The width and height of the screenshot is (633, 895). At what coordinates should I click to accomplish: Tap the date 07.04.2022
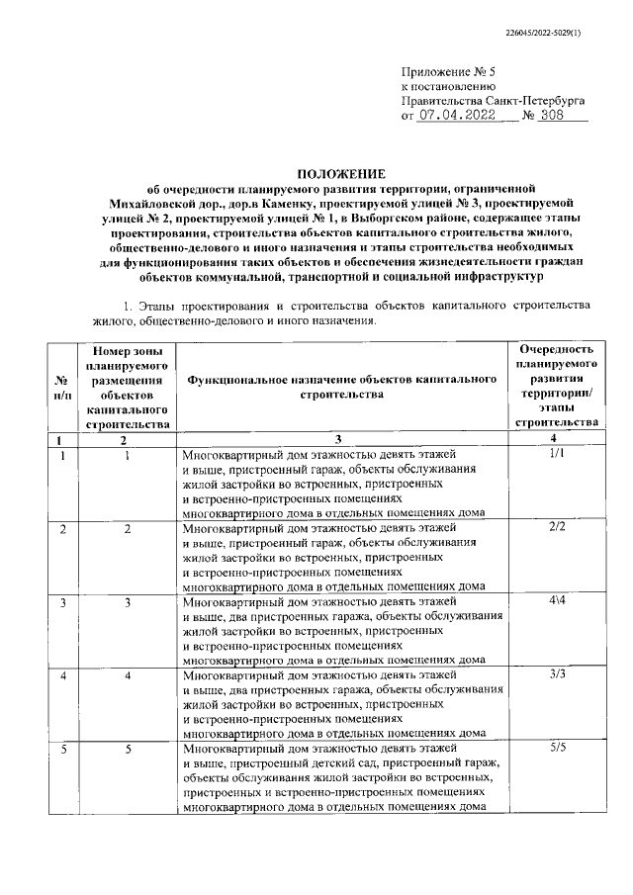[455, 115]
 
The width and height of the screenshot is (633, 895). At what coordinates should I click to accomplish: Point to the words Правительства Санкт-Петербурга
[494, 101]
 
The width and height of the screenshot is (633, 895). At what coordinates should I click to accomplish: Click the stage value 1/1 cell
[554, 454]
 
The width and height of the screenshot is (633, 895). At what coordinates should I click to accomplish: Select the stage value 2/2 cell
[554, 528]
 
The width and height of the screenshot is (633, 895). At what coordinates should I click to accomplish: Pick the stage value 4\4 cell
[554, 601]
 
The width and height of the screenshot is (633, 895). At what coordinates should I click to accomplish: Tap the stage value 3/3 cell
[554, 674]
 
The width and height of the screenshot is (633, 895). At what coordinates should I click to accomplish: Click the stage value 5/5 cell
[554, 749]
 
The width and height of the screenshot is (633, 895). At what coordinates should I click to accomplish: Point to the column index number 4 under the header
[554, 439]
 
